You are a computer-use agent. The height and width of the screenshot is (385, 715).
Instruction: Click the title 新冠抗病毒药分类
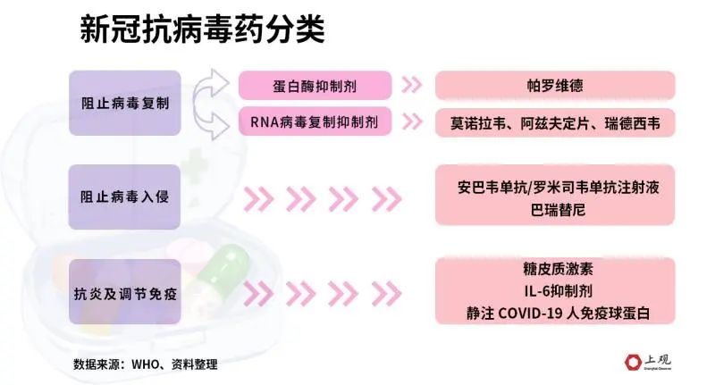[x=203, y=30]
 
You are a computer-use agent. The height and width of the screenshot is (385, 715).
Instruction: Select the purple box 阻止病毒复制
[x=125, y=103]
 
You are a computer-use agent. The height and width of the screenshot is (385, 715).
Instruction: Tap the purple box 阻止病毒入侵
[x=124, y=197]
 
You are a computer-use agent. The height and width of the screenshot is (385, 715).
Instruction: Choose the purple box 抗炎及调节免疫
[x=125, y=292]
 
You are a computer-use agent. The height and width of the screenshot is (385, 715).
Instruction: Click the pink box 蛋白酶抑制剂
[x=315, y=86]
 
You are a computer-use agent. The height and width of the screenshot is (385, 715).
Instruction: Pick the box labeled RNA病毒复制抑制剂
[x=315, y=121]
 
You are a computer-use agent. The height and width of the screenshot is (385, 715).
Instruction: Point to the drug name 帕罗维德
[x=555, y=86]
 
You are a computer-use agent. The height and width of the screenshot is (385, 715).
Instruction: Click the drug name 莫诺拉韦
[x=478, y=123]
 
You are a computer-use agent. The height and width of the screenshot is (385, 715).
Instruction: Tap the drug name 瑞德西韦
[x=632, y=123]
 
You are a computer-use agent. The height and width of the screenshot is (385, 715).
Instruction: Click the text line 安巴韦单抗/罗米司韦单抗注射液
[x=558, y=188]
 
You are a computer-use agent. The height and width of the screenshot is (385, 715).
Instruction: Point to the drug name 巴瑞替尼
[x=558, y=210]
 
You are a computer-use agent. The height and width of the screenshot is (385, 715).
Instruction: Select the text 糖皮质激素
[x=558, y=269]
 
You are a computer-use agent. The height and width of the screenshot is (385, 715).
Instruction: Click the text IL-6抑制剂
[x=558, y=290]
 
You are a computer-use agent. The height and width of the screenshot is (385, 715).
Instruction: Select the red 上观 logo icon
[x=633, y=362]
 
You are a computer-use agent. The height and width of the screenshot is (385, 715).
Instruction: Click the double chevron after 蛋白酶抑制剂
[x=412, y=85]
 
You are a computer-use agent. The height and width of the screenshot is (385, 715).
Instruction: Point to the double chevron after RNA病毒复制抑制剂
[x=412, y=121]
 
